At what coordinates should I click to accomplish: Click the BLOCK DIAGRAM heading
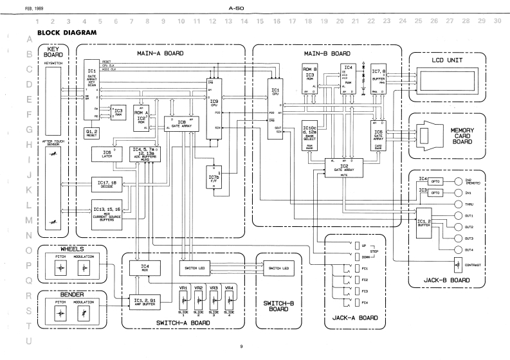point(67,32)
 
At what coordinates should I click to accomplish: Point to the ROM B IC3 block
point(309,80)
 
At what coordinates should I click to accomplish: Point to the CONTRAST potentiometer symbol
point(459,264)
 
